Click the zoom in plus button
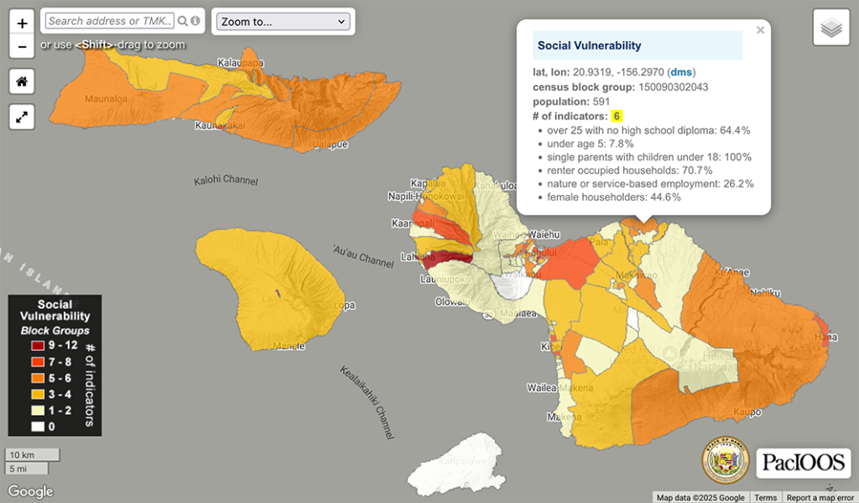[x=22, y=21]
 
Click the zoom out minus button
[x=22, y=46]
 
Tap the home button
[x=22, y=81]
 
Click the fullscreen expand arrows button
[x=22, y=117]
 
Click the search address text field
[x=109, y=21]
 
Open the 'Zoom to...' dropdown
[x=282, y=21]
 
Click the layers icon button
[x=830, y=29]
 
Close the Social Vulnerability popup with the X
[x=760, y=30]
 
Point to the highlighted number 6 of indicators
[x=617, y=116]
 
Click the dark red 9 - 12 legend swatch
[x=39, y=346]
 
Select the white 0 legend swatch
[x=39, y=427]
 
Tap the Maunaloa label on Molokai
[x=106, y=98]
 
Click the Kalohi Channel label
[x=226, y=181]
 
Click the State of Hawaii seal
[x=725, y=461]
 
